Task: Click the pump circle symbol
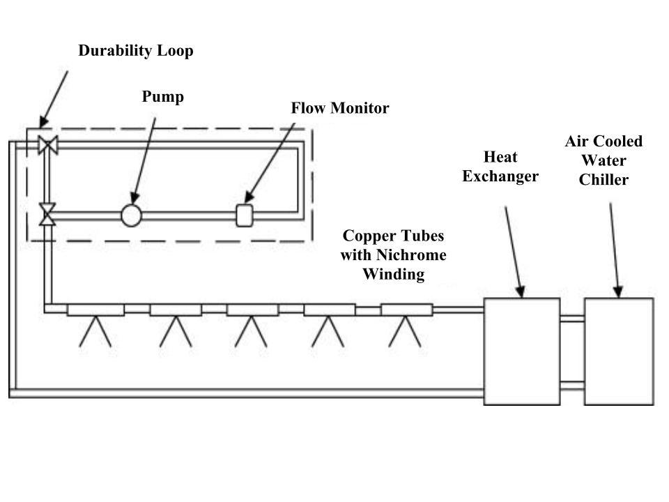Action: tap(131, 215)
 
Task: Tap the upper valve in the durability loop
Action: tap(48, 146)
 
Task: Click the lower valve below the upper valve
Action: tap(48, 214)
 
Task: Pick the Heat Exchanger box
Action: tap(522, 351)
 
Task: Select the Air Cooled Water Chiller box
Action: tap(619, 351)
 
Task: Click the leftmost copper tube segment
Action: tap(95, 310)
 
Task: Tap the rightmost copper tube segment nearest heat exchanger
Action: tap(406, 310)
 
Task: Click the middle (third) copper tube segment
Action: tap(252, 310)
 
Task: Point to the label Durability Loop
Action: tap(135, 51)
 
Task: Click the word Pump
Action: tap(163, 97)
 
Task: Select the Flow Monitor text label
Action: tap(339, 109)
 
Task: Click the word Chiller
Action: tap(603, 180)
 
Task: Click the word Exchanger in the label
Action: tap(500, 176)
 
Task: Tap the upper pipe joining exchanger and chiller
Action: tap(572, 319)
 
